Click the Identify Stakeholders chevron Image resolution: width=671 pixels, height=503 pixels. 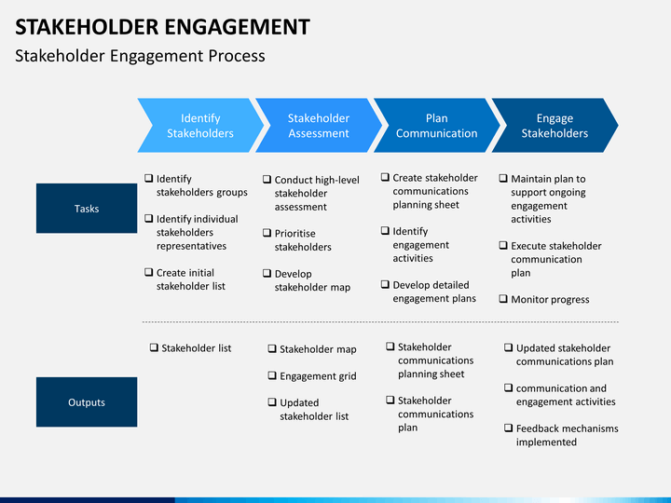pos(200,126)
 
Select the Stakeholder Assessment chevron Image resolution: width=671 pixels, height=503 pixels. pos(319,126)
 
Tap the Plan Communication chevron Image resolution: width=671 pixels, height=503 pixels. pos(436,126)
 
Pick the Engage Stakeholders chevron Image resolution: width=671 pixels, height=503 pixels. pos(555,126)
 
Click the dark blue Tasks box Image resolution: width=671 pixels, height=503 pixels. pos(87,209)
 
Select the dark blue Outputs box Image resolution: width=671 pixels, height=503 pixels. pos(87,402)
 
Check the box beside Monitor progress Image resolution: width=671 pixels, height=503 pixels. pos(503,299)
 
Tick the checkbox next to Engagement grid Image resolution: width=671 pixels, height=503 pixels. pos(272,375)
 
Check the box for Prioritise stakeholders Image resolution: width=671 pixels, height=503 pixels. pos(267,233)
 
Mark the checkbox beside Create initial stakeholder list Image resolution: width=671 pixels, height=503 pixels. pos(149,272)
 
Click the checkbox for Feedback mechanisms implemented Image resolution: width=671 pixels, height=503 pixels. pos(509,428)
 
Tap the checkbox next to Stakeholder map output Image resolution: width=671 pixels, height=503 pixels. pos(272,348)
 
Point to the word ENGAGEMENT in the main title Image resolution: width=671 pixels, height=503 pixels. pos(237,27)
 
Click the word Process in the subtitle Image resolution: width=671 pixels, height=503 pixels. pos(237,56)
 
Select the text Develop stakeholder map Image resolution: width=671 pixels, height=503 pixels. pos(312,280)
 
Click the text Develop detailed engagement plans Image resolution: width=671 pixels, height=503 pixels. pos(434,292)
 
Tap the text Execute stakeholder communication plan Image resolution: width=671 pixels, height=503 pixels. pos(556,259)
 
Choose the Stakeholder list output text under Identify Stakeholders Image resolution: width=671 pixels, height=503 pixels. pos(197,348)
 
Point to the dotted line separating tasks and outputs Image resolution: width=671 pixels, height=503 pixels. pos(380,322)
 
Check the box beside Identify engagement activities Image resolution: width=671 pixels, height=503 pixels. pos(385,231)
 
